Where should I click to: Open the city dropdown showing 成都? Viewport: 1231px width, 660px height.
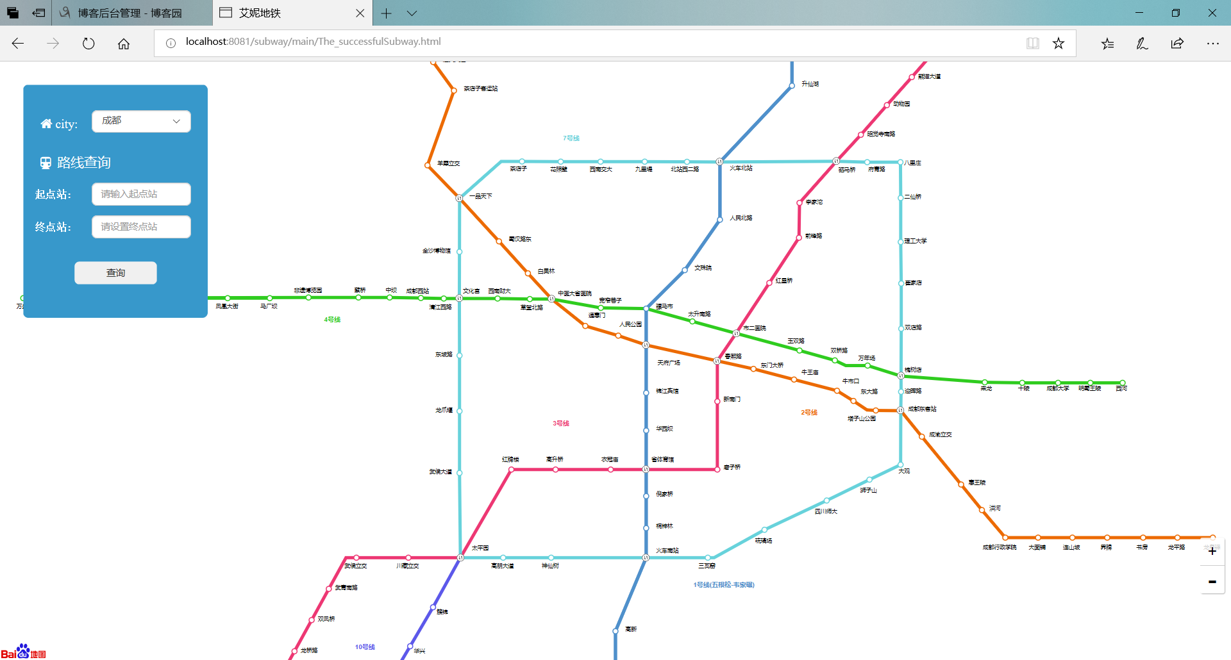tap(141, 121)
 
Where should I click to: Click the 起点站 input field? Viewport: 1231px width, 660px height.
tap(141, 194)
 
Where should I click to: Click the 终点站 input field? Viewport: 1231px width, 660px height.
tap(141, 227)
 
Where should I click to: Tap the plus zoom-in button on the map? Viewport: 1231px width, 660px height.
tap(1212, 551)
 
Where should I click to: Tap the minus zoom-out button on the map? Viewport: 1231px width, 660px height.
tap(1212, 582)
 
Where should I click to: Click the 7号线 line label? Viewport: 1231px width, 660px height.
tap(571, 138)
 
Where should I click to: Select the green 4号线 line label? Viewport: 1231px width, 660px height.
tap(332, 320)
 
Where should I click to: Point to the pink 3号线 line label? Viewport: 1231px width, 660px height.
tap(561, 424)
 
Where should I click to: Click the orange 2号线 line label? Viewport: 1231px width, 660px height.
tap(809, 413)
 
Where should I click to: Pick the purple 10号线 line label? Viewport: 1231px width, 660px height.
tap(365, 647)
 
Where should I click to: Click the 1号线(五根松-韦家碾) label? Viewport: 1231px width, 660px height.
tap(724, 585)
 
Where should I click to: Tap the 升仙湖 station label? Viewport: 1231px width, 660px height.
tap(810, 84)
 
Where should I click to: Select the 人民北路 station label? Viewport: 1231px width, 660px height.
tap(741, 218)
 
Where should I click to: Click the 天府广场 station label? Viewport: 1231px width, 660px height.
tap(668, 363)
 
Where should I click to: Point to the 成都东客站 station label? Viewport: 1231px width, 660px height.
tap(922, 409)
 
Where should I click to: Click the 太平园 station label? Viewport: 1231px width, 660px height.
tap(480, 548)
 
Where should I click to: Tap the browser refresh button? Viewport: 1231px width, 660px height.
tap(88, 44)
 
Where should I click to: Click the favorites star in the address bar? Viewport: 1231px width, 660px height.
tap(1059, 44)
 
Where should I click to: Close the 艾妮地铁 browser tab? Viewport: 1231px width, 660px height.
tap(360, 13)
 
